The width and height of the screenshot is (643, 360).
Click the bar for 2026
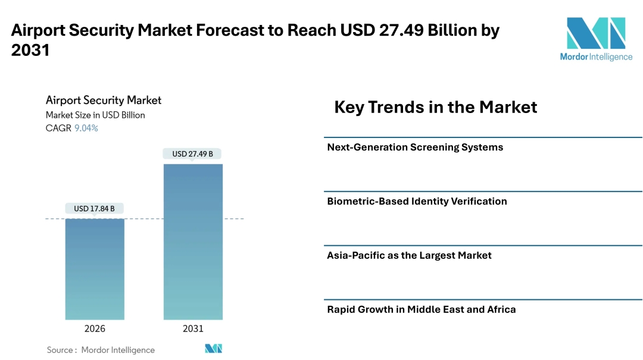coord(95,269)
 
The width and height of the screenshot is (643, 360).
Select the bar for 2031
coord(193,242)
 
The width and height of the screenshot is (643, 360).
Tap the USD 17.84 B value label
coord(95,208)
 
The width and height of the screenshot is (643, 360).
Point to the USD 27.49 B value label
coord(192,154)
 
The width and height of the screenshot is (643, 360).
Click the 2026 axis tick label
coord(95,328)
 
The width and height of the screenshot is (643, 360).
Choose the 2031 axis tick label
coord(193,328)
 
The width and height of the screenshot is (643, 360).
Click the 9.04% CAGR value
coord(86,128)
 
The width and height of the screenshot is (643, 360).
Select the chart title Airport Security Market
coord(104,100)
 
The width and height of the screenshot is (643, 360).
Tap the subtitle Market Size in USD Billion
coord(95,115)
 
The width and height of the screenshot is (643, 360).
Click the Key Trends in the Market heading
coord(435,107)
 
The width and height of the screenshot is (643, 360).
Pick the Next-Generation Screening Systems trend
coord(415,147)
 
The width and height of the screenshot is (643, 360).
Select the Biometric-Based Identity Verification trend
coord(417,201)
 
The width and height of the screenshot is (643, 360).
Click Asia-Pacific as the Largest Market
coord(409,255)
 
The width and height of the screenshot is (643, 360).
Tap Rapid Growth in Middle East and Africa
coord(422,309)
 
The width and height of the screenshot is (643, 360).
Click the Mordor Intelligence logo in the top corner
coord(596,39)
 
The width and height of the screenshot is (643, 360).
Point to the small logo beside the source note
coord(213,349)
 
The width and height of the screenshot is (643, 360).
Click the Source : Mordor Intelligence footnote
coord(101,350)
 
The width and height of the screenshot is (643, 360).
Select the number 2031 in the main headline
coord(30,51)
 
